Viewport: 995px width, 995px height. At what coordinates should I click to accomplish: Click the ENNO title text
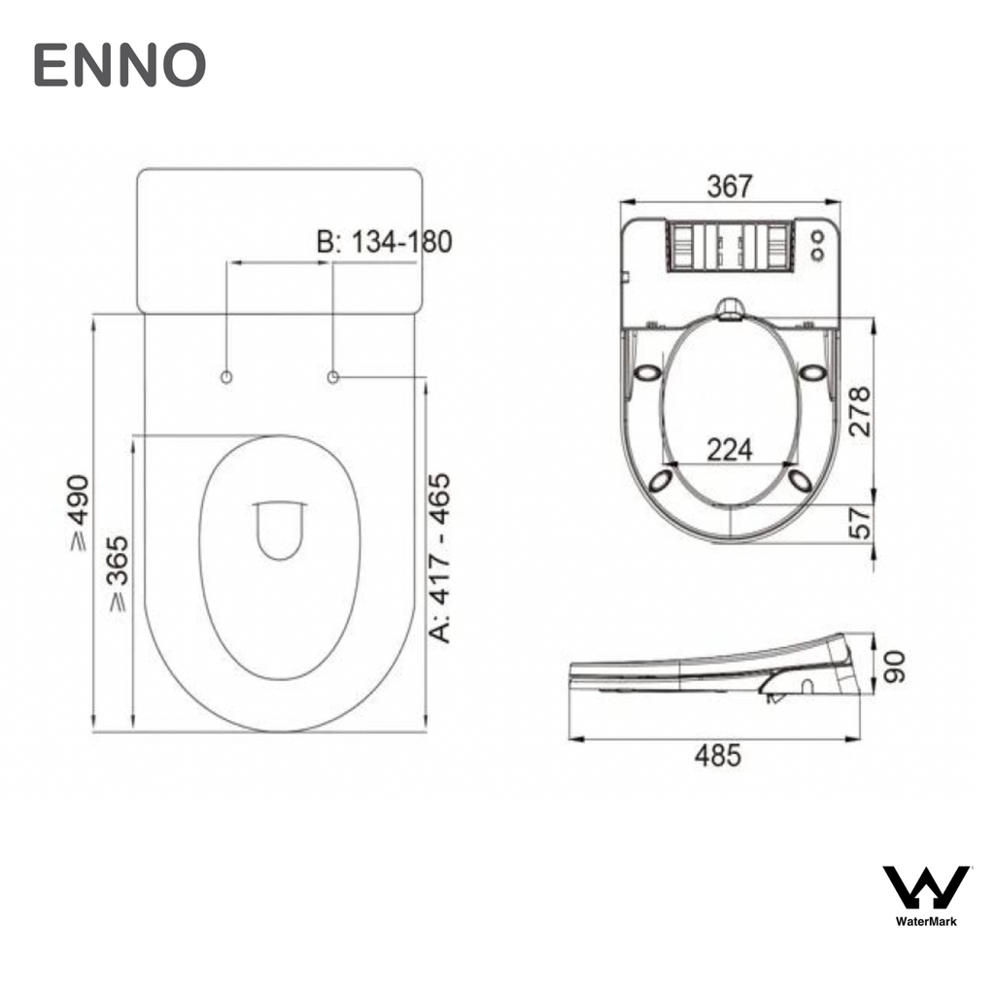[120, 65]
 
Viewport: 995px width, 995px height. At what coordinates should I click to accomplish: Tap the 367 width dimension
[729, 186]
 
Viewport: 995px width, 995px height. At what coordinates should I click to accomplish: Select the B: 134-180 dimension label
[385, 242]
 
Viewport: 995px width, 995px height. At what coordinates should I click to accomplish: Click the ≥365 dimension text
[117, 573]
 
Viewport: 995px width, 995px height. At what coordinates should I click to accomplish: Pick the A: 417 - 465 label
[440, 558]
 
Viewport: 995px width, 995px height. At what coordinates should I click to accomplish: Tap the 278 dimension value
[858, 412]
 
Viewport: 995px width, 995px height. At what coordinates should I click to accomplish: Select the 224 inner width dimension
[729, 449]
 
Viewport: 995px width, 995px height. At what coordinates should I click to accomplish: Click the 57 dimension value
[859, 525]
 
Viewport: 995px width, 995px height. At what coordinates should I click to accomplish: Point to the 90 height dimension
[892, 667]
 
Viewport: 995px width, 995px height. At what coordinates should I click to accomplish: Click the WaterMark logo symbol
[925, 887]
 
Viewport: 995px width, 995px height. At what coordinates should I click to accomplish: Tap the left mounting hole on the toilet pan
[226, 376]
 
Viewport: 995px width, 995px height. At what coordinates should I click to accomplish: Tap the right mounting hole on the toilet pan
[333, 376]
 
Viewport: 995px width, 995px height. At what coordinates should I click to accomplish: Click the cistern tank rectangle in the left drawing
[279, 240]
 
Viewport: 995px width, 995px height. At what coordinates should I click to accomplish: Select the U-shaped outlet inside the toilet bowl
[279, 530]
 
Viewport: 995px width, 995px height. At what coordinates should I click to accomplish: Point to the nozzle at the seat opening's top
[730, 309]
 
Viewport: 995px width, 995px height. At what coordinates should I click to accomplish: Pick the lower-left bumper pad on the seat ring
[660, 479]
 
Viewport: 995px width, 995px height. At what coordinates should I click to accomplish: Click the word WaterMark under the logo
[925, 921]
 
